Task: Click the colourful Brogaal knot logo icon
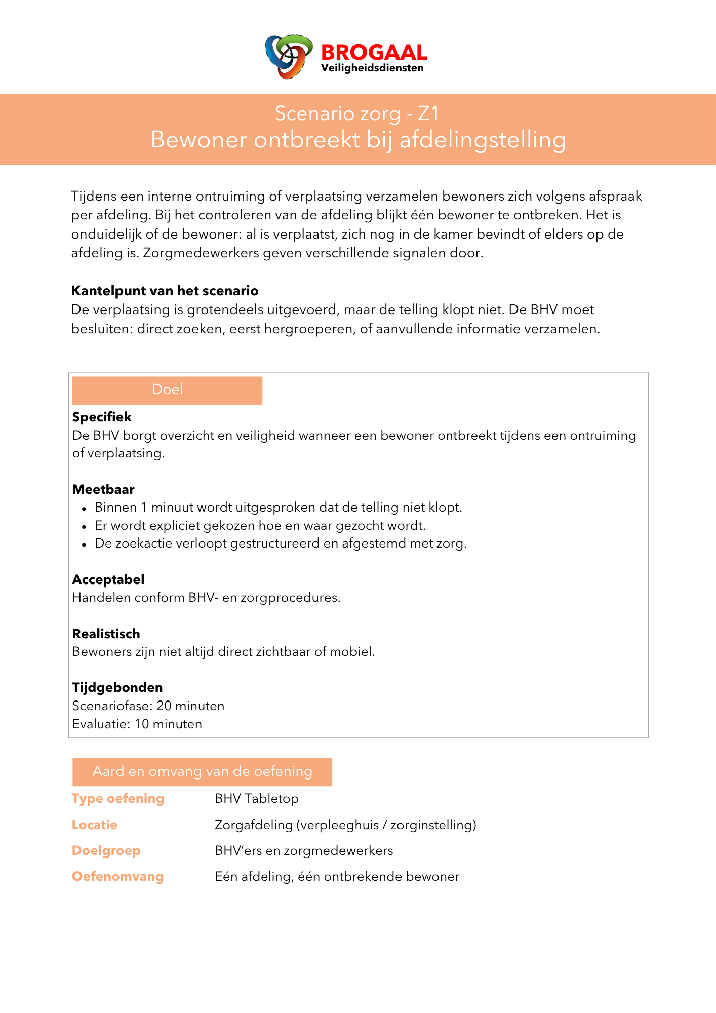pyautogui.click(x=288, y=56)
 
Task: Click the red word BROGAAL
pyautogui.click(x=374, y=53)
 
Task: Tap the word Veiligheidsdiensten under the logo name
pyautogui.click(x=372, y=68)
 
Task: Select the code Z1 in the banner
pyautogui.click(x=428, y=113)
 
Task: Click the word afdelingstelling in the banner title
pyautogui.click(x=483, y=140)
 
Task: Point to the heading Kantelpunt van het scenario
pyautogui.click(x=165, y=291)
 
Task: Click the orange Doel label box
pyautogui.click(x=167, y=390)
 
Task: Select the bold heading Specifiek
pyautogui.click(x=102, y=417)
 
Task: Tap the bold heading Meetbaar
pyautogui.click(x=103, y=489)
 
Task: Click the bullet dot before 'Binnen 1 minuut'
pyautogui.click(x=85, y=508)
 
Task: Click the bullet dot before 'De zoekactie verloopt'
pyautogui.click(x=85, y=544)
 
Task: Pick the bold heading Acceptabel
pyautogui.click(x=108, y=579)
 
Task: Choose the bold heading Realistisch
pyautogui.click(x=106, y=634)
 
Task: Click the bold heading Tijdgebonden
pyautogui.click(x=117, y=687)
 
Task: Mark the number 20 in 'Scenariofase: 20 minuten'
pyautogui.click(x=164, y=706)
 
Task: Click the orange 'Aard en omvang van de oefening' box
pyautogui.click(x=202, y=772)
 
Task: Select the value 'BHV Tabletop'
pyautogui.click(x=257, y=798)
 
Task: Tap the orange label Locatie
pyautogui.click(x=95, y=825)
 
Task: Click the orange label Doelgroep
pyautogui.click(x=106, y=850)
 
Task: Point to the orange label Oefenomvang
pyautogui.click(x=117, y=876)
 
